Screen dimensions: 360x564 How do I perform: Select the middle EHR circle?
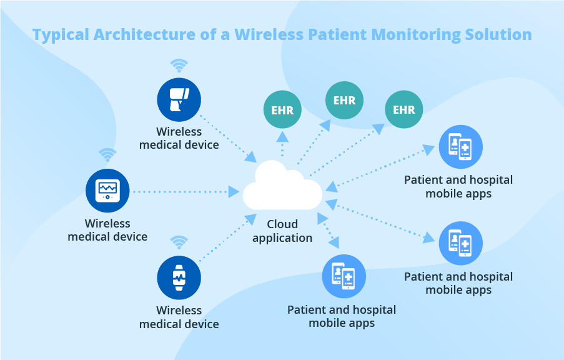(x=344, y=101)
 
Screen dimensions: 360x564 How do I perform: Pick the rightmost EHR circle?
(x=403, y=110)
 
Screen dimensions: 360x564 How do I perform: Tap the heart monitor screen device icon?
(x=107, y=191)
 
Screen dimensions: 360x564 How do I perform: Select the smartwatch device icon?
(x=179, y=277)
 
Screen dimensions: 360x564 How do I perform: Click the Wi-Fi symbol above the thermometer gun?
(x=179, y=66)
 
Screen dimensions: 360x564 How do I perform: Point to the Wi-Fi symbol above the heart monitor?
(x=107, y=154)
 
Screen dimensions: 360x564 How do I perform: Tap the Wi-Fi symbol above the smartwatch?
(x=179, y=242)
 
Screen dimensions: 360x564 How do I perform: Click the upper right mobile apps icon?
(x=460, y=147)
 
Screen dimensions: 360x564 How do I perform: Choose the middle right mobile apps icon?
(x=460, y=243)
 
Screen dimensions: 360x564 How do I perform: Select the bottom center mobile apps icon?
(x=344, y=276)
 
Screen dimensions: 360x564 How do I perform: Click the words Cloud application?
(x=282, y=231)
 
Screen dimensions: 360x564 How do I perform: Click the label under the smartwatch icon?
(x=179, y=317)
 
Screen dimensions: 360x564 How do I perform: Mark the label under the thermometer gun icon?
(x=179, y=138)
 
